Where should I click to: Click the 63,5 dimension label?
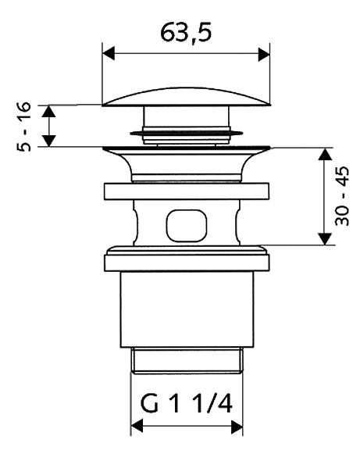coord(186,33)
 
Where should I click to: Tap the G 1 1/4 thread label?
coord(186,404)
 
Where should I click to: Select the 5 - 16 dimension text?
coord(23,127)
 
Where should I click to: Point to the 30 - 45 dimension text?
coord(342,196)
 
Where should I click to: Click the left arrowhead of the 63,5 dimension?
coord(109,54)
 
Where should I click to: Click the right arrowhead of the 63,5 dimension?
coord(264,54)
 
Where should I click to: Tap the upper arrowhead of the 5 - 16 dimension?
coord(48,112)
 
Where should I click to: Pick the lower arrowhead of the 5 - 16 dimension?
coord(49,141)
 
